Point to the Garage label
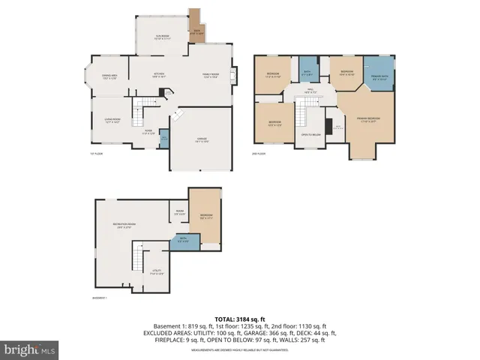202,140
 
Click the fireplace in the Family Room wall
234,75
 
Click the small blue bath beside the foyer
163,139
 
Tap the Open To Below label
310,135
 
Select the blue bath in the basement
183,241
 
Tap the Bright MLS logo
30,349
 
